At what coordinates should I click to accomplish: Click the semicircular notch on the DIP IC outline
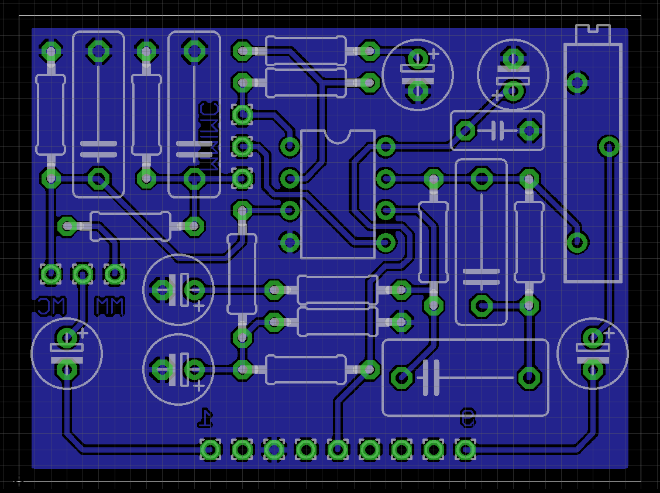(338, 136)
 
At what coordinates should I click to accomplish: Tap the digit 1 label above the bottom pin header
(205, 417)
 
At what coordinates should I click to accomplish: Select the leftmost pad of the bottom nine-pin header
(210, 450)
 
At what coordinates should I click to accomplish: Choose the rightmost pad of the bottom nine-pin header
(465, 450)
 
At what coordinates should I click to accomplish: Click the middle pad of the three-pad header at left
(82, 273)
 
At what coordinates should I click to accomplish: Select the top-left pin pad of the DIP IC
(290, 146)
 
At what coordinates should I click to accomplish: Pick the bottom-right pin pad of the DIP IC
(386, 241)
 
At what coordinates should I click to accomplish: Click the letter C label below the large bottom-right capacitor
(467, 417)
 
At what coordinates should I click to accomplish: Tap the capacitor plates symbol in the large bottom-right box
(431, 378)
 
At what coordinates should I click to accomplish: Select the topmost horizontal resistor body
(305, 51)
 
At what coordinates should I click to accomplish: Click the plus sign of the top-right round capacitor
(497, 95)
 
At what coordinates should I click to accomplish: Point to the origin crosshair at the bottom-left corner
(19, 482)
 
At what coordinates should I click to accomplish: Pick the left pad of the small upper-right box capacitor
(465, 130)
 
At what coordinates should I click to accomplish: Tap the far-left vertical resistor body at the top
(50, 114)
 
